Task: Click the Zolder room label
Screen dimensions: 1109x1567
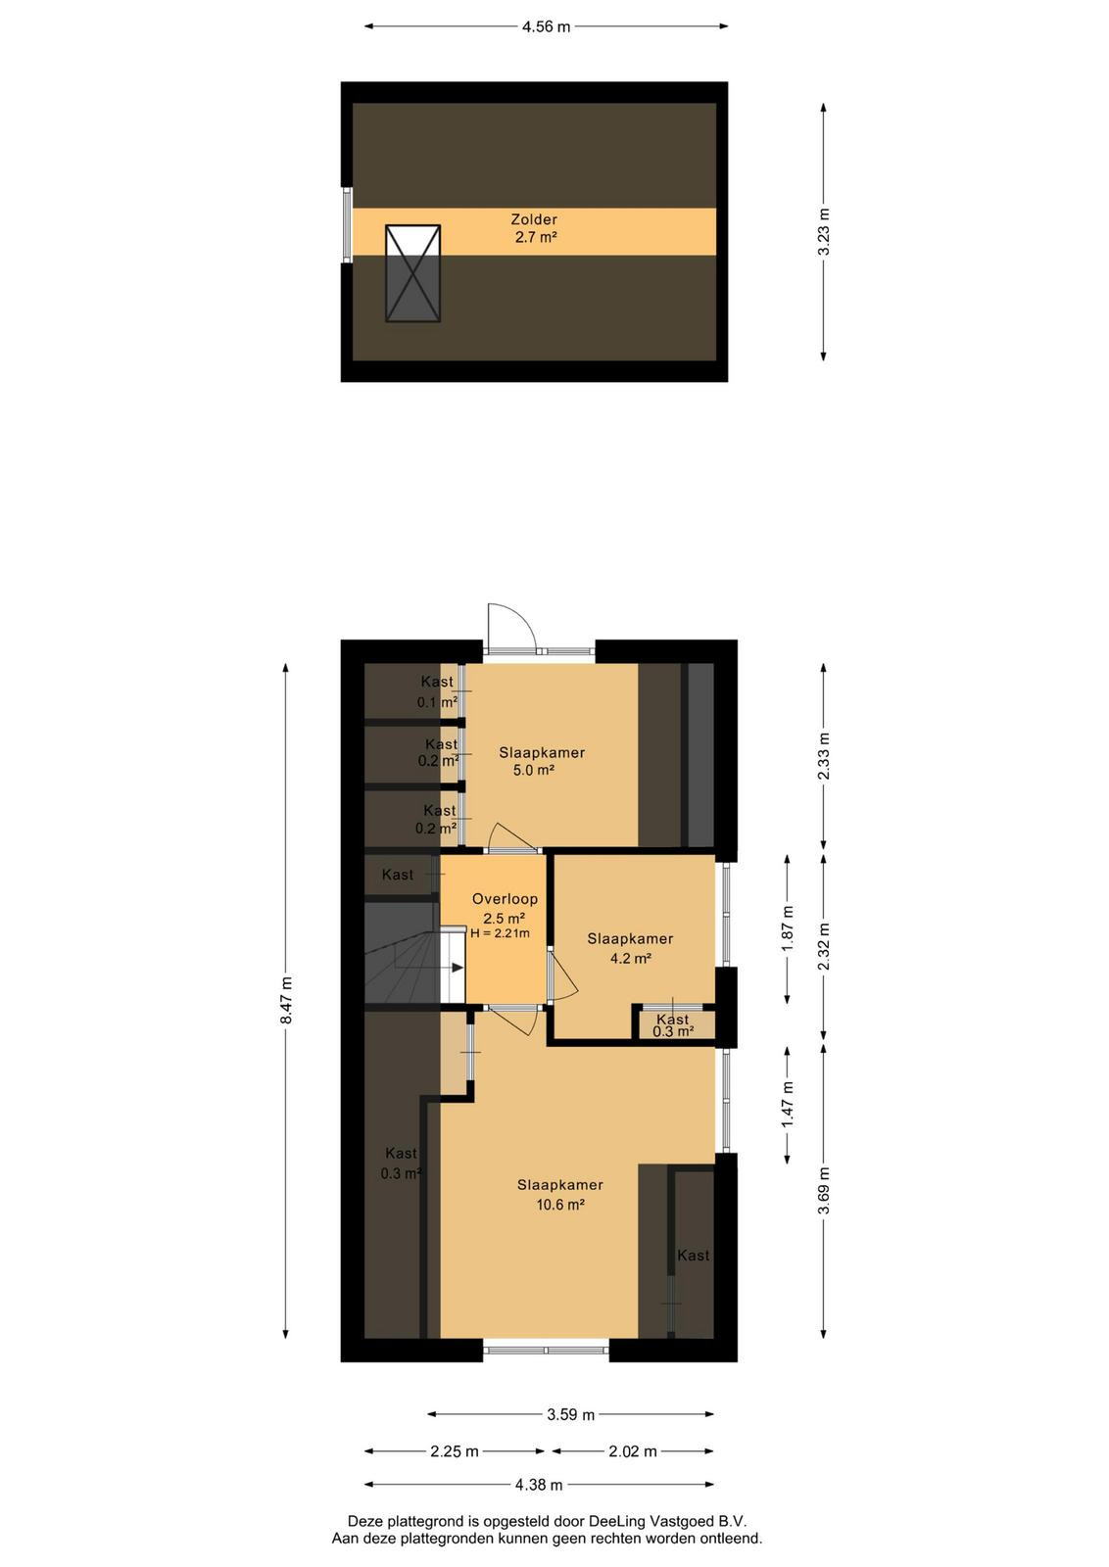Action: (x=534, y=219)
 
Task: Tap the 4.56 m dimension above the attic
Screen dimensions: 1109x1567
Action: (x=546, y=26)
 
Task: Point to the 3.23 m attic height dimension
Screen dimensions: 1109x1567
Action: (x=824, y=232)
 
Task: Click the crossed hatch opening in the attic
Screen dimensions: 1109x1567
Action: (x=412, y=273)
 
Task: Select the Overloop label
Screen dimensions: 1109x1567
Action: (x=505, y=899)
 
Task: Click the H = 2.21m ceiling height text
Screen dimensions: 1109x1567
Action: (x=500, y=933)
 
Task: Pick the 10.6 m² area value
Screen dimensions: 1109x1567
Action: (x=560, y=1205)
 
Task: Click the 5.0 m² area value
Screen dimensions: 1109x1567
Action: (x=534, y=770)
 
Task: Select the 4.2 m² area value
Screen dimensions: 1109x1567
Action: (x=630, y=959)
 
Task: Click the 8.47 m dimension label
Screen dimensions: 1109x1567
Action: (x=286, y=1001)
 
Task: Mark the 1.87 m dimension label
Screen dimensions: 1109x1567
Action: (x=789, y=928)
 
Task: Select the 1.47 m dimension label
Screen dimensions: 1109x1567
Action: (x=789, y=1104)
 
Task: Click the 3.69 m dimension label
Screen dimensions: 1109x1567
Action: (x=824, y=1192)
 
